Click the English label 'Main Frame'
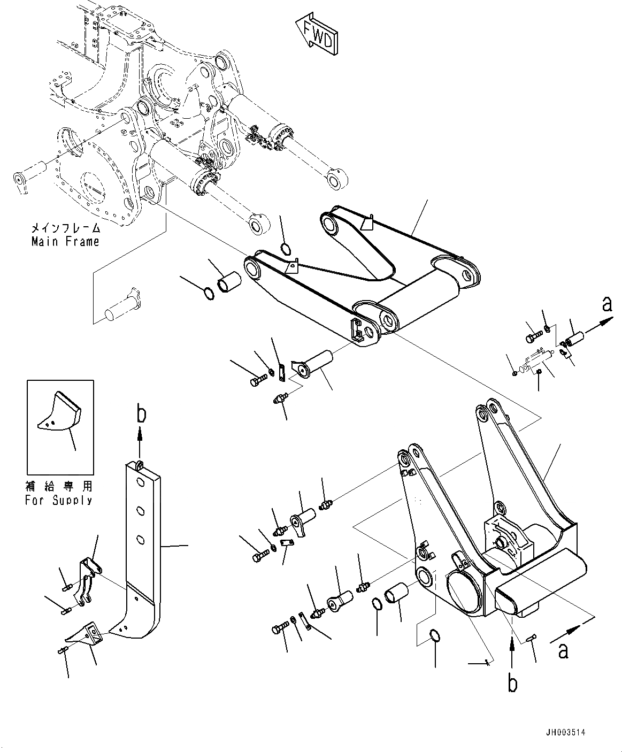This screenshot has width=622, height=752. pos(65,241)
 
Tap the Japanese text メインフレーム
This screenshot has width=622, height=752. pos(65,228)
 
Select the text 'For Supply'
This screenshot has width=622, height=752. pos(59,501)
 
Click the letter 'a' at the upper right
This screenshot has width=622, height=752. pos(606,304)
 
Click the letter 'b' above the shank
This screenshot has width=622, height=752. pos(140,415)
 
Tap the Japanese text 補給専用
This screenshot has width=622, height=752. pos(59,486)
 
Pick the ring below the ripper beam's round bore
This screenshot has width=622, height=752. pos(436,636)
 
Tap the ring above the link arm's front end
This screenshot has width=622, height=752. pos(286,248)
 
